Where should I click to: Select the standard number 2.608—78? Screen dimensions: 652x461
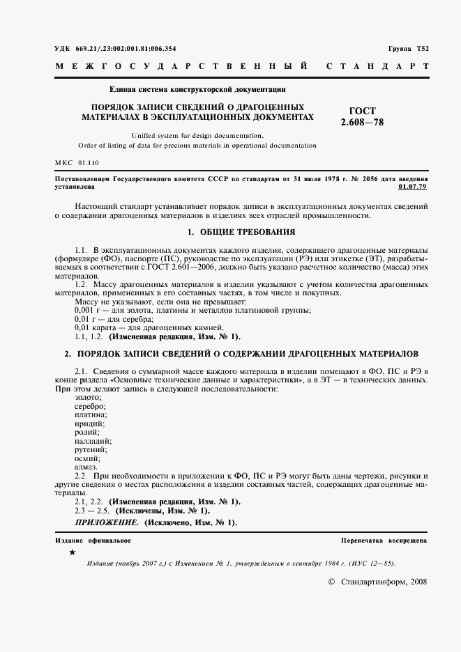[363, 123]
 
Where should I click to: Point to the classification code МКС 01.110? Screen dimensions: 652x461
[77, 162]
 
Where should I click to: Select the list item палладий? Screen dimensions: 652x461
[93, 441]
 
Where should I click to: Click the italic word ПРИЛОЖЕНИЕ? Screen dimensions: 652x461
[107, 522]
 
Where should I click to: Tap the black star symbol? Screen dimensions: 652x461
[73, 552]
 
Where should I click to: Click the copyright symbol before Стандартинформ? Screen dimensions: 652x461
[331, 582]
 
